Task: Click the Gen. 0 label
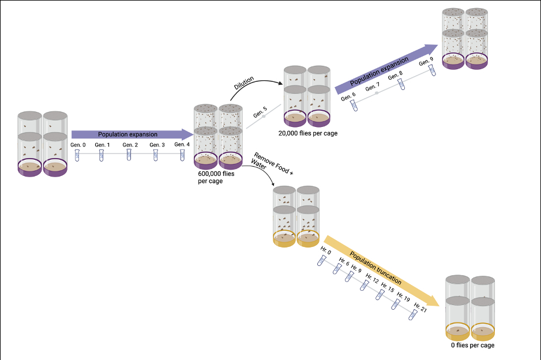77,144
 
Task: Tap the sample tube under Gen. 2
129,155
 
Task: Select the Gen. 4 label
182,144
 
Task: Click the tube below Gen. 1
102,155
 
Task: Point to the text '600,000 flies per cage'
211,177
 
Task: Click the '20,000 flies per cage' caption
307,133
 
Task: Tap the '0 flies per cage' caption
472,345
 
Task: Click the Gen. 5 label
261,110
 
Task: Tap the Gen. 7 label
372,88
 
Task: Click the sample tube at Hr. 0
322,261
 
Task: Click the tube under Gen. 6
354,104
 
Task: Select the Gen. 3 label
156,144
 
